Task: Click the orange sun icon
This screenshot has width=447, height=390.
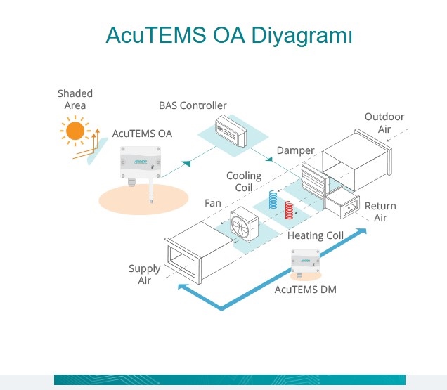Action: [74, 131]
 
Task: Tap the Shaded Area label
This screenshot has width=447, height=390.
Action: [75, 99]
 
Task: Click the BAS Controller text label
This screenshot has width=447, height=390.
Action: [193, 105]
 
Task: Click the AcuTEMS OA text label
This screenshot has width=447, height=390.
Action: [142, 133]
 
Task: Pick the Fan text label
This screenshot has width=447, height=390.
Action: [212, 203]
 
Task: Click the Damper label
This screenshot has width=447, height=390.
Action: [295, 150]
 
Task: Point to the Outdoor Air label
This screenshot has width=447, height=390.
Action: [384, 123]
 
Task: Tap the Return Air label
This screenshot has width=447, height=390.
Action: [380, 212]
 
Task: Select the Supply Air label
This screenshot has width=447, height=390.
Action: [144, 274]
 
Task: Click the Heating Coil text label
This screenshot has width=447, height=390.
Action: [316, 235]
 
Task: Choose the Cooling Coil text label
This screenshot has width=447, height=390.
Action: [244, 181]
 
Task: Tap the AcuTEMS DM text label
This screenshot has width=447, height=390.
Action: [305, 288]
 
